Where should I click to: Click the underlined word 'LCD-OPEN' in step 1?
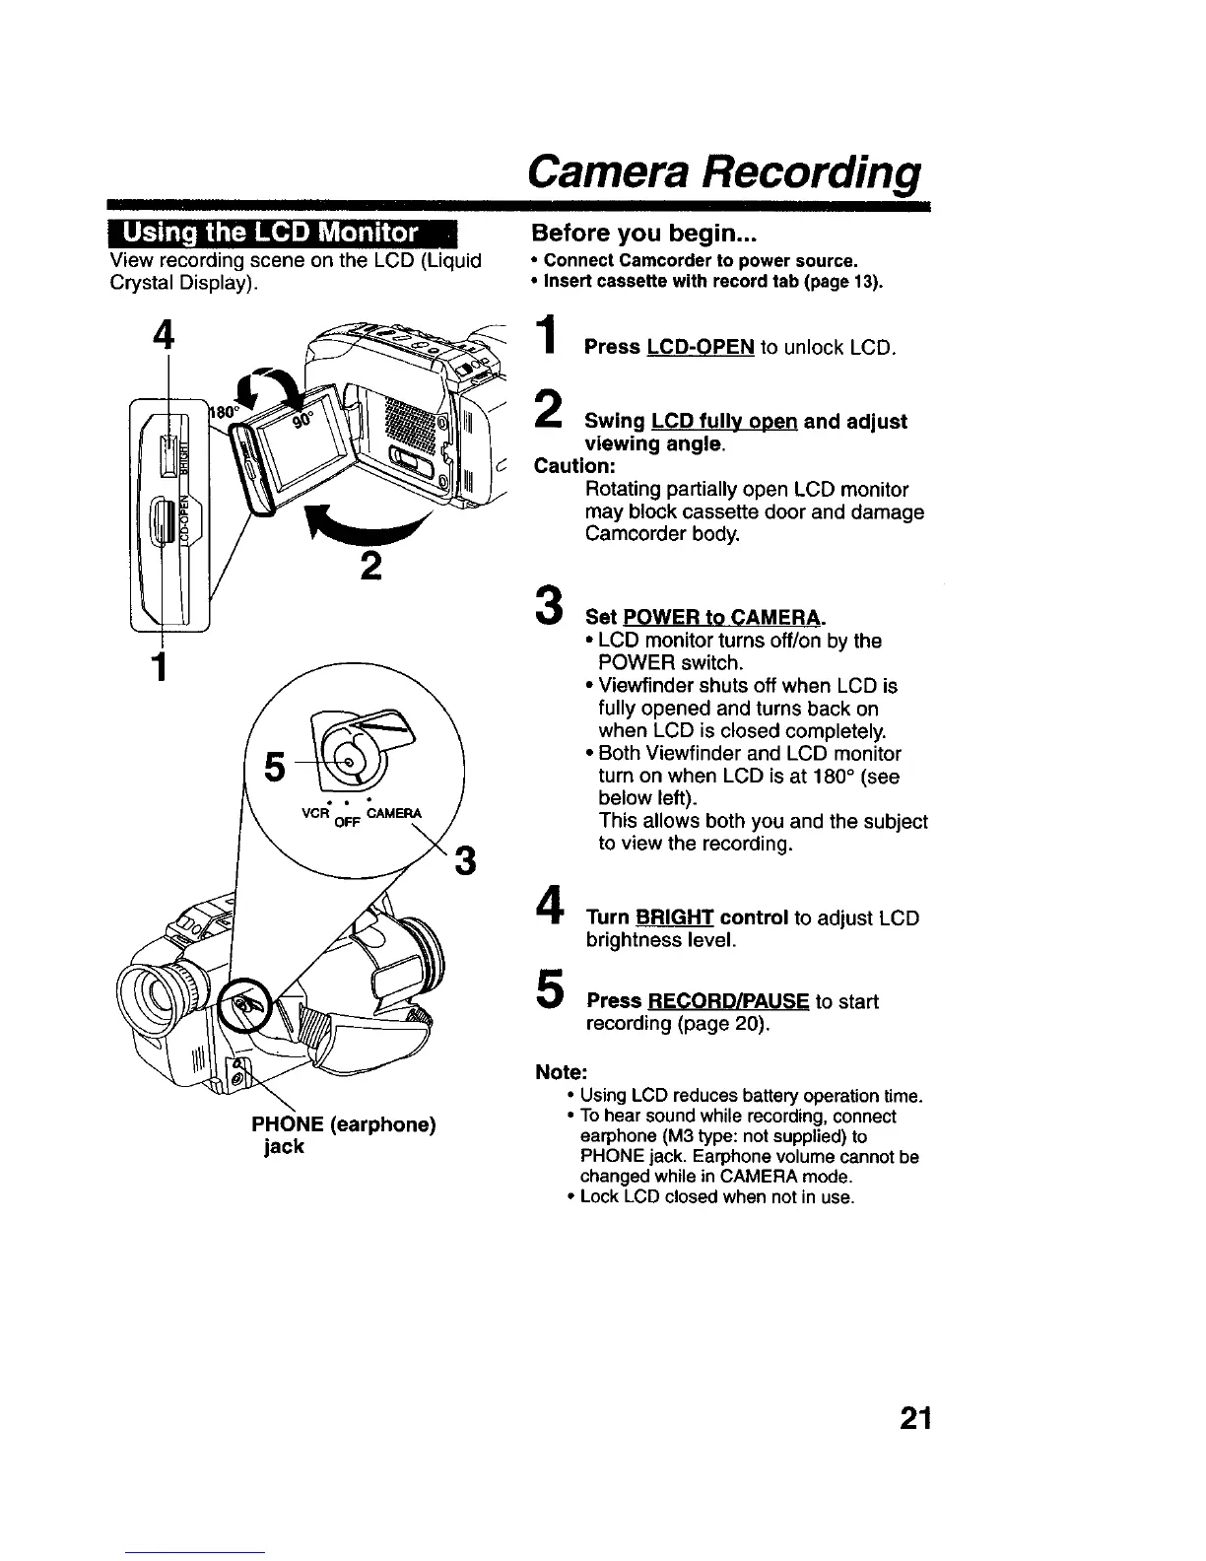pos(701,348)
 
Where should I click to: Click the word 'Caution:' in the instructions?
pos(571,466)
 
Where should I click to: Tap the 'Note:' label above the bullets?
pos(557,1071)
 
